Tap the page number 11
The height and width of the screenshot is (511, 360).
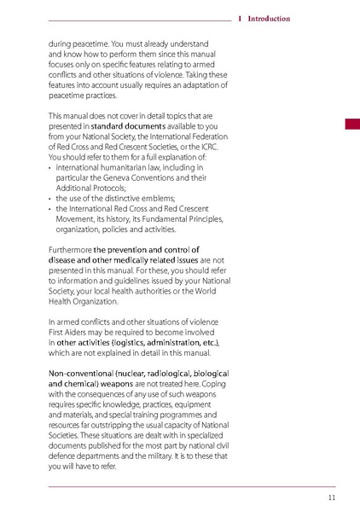point(331,497)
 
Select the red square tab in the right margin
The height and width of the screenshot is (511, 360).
point(351,125)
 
